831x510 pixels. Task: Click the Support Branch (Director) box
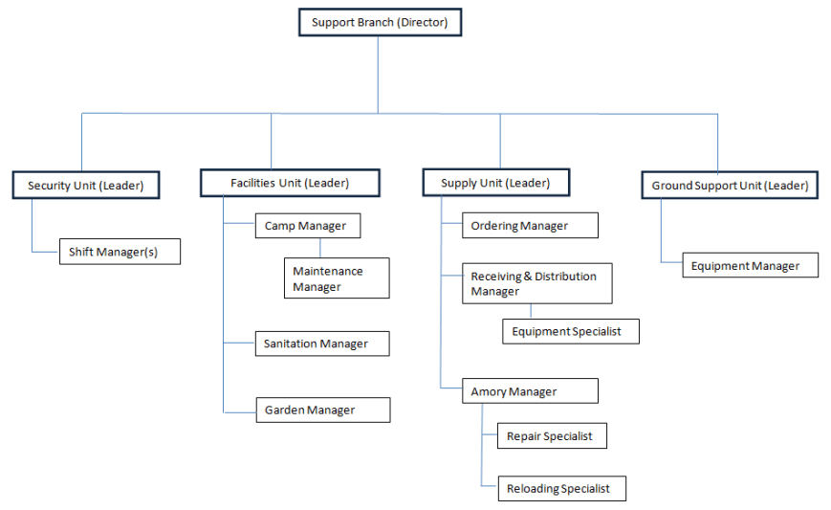(380, 22)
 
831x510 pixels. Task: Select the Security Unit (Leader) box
(86, 186)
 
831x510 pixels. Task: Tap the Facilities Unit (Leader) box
(290, 183)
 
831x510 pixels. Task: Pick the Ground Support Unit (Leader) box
(730, 185)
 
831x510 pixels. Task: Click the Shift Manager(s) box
(120, 252)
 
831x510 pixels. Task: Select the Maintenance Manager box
(337, 278)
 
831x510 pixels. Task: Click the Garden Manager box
(323, 410)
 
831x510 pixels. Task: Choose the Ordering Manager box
(531, 226)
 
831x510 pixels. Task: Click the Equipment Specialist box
(570, 331)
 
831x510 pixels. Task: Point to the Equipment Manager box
(750, 266)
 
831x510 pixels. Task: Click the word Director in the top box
(422, 22)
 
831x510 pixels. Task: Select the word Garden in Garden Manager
(284, 410)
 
